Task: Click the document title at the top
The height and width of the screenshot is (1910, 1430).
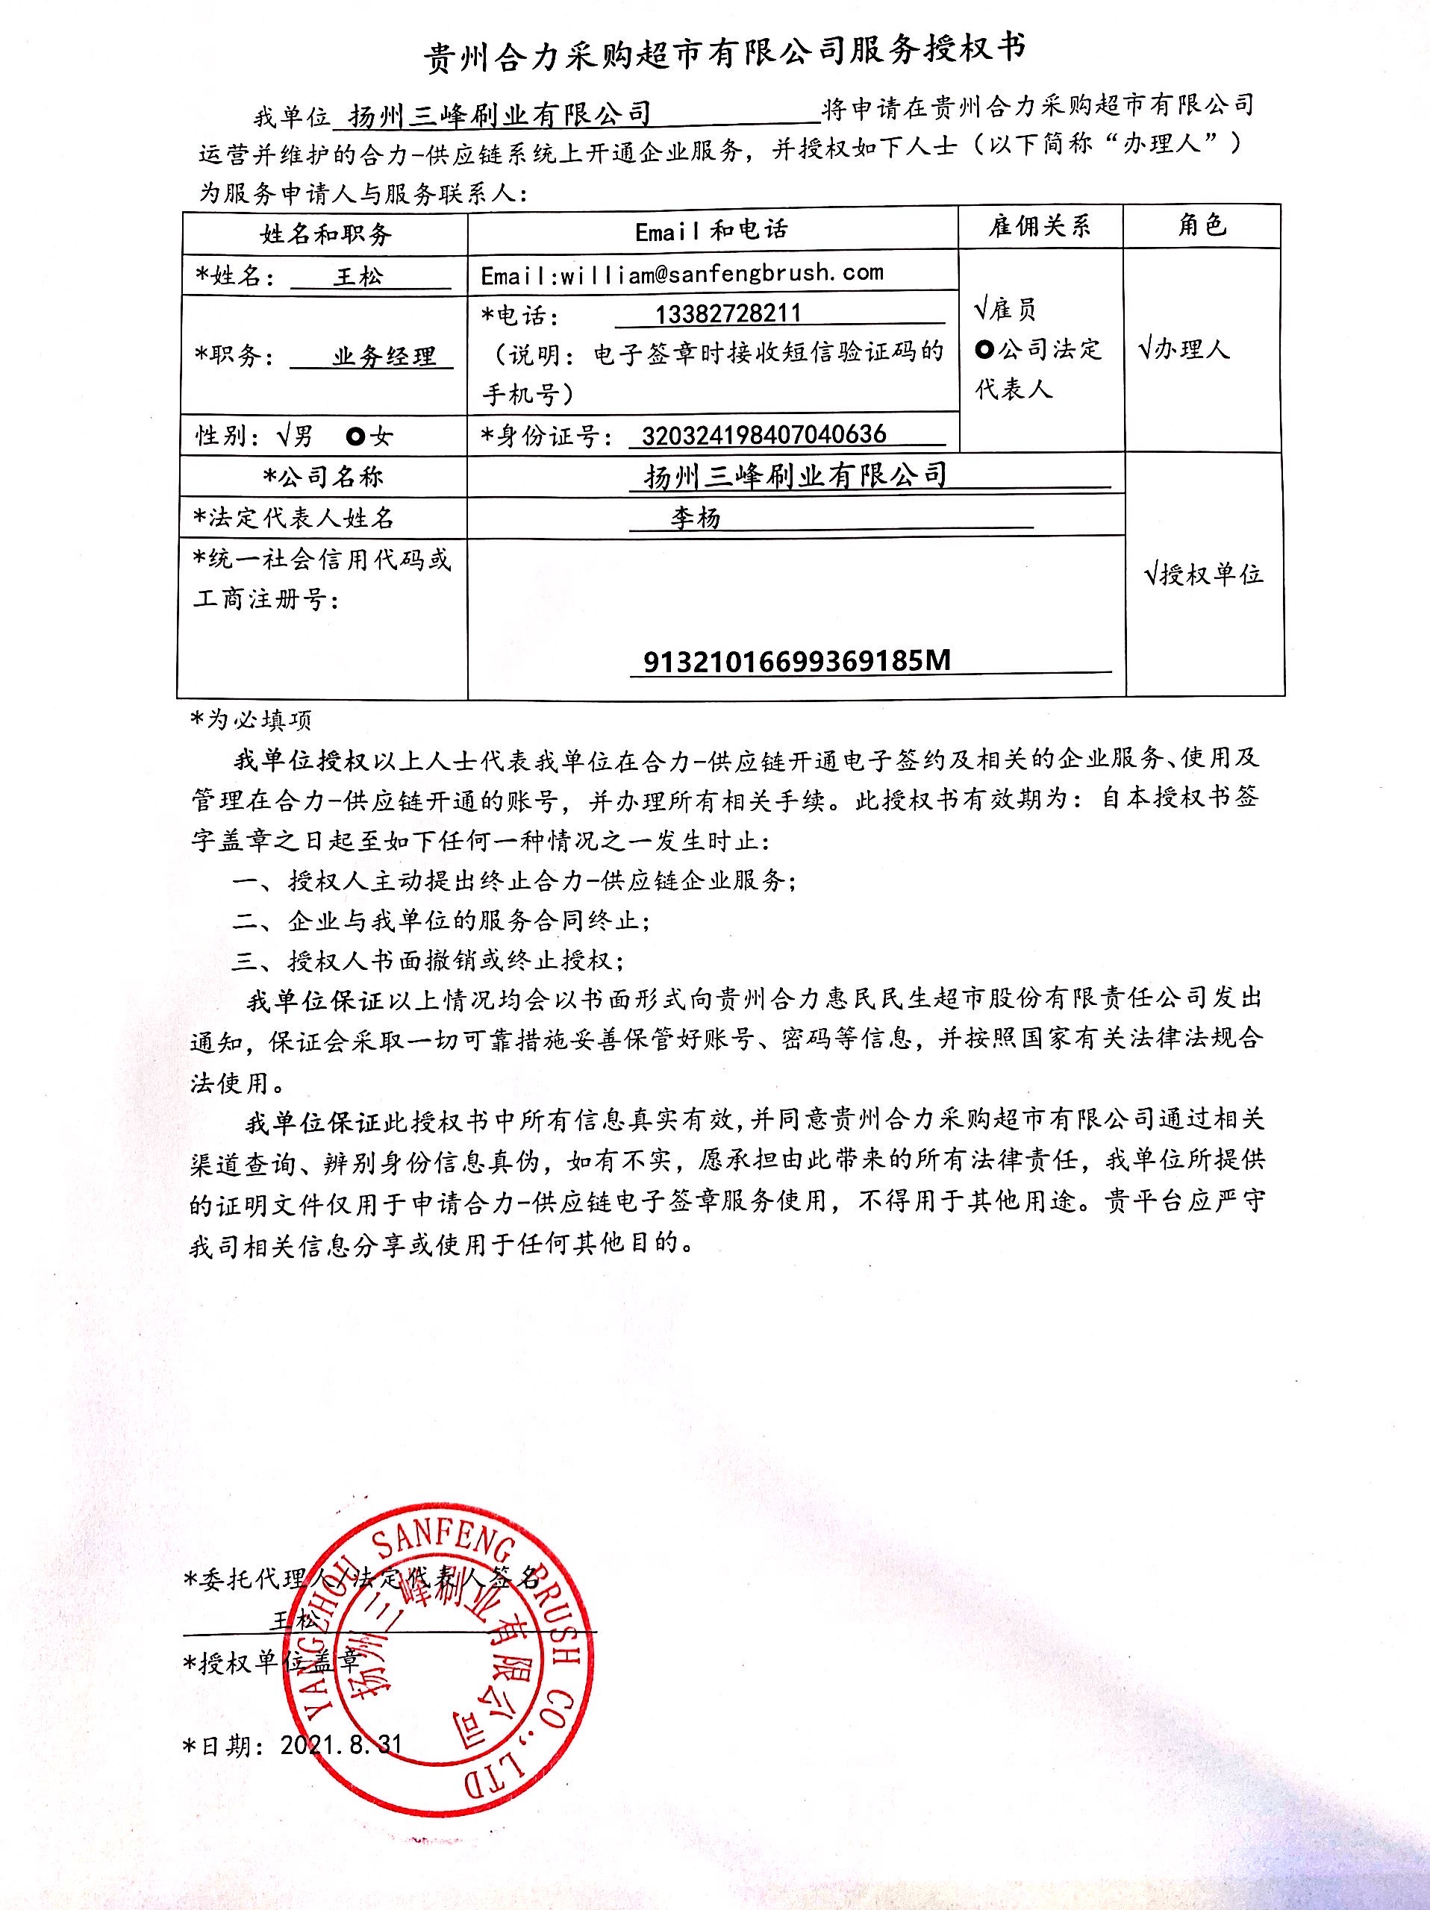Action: click(725, 54)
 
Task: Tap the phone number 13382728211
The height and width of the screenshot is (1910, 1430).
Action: click(728, 313)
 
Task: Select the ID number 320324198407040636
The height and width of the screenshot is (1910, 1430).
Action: click(764, 434)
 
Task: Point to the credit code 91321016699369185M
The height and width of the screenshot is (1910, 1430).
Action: click(796, 662)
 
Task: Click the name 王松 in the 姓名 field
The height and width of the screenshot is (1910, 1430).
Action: click(357, 278)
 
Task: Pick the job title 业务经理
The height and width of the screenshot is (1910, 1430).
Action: click(384, 357)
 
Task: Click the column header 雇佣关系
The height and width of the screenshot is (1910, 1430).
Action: click(1040, 227)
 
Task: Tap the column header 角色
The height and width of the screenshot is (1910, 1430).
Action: click(1202, 226)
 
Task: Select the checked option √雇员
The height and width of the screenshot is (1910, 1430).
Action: click(1005, 308)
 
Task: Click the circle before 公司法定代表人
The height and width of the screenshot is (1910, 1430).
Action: click(984, 350)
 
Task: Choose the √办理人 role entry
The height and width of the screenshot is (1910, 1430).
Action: click(1184, 349)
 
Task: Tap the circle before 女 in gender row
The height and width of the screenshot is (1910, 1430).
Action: click(354, 436)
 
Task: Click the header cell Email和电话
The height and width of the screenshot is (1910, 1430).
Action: click(711, 231)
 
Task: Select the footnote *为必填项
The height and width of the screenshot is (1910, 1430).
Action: click(252, 719)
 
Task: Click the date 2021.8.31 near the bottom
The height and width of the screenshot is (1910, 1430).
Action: click(340, 1745)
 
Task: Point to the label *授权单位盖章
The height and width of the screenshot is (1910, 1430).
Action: click(271, 1662)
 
